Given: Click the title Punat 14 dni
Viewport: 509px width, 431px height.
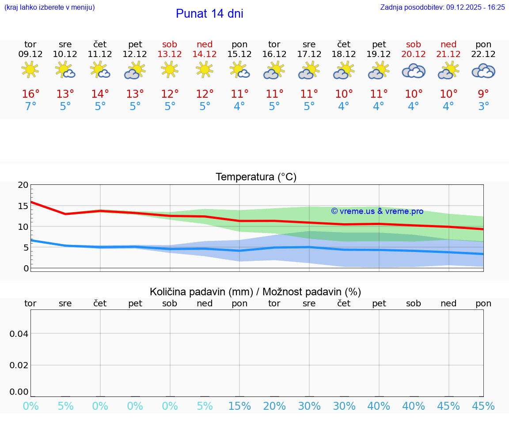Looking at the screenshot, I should click(209, 14).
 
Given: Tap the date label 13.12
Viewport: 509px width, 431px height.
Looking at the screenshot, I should click(170, 54).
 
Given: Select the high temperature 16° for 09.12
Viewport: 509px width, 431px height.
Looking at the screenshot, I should click(30, 94).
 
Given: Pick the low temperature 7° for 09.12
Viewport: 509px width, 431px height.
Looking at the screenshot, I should click(30, 107).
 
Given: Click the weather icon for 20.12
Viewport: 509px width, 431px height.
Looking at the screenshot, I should click(414, 71).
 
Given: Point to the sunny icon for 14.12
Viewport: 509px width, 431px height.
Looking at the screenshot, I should click(205, 70).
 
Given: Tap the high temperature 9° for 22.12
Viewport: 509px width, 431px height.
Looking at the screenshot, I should click(483, 94).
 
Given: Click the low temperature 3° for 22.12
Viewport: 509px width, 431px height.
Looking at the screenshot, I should click(483, 107).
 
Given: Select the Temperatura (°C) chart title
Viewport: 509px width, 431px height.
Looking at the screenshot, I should click(256, 177).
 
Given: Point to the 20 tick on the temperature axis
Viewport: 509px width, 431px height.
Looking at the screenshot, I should click(23, 185).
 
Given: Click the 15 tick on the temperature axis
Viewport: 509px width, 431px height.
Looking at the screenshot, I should click(23, 206).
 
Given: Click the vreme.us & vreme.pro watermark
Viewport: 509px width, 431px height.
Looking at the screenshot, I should click(377, 211).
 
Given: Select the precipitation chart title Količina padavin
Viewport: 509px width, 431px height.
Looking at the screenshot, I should click(255, 292).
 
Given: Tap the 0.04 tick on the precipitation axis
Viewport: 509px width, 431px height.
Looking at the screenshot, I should click(19, 333).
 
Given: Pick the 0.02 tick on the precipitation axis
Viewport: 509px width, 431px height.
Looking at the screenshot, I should click(19, 365).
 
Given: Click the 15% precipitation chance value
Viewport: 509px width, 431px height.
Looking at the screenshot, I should click(239, 406).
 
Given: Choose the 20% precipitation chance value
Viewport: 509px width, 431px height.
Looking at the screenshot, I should click(274, 406).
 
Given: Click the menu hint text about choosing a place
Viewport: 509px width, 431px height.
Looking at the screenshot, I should click(49, 7).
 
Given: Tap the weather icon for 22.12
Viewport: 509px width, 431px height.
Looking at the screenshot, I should click(483, 71).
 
